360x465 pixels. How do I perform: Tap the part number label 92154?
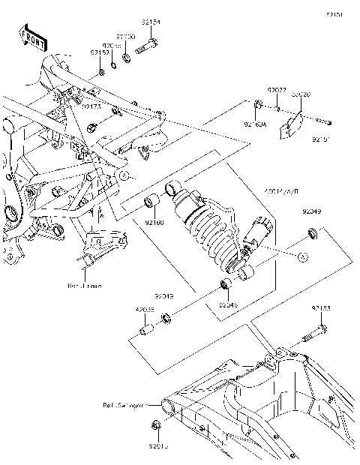click(151, 23)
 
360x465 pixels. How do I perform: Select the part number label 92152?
click(99, 52)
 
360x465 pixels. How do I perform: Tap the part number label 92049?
click(313, 212)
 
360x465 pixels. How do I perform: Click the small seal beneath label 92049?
click(310, 238)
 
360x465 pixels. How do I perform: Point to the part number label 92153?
click(322, 307)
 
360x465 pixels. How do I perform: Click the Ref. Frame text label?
click(83, 286)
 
